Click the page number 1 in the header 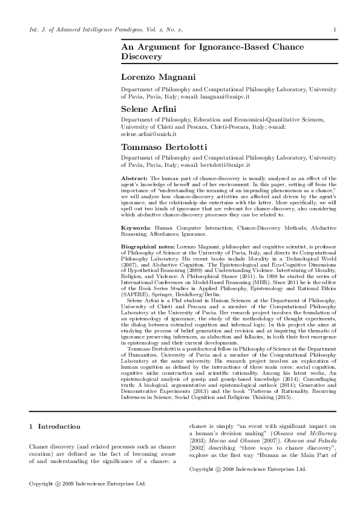(334, 30)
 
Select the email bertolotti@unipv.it (229, 164)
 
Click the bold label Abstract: (134, 179)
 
